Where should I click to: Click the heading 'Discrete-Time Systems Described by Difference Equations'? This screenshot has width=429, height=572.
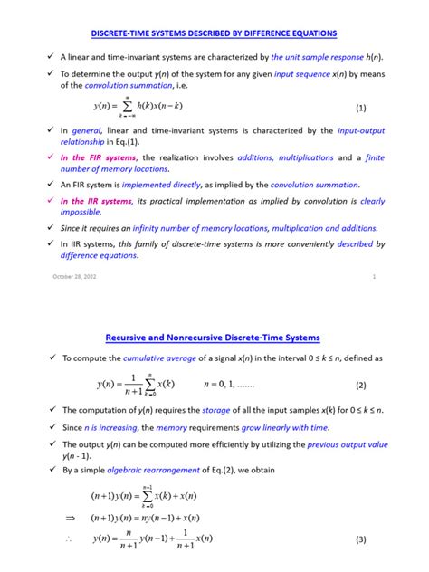click(x=214, y=33)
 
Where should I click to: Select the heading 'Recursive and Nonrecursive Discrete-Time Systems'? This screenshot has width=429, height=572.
click(x=214, y=338)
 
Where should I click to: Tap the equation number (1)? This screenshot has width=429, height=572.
click(x=361, y=107)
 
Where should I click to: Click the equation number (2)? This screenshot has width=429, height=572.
click(x=361, y=384)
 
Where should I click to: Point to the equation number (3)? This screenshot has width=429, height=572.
click(x=361, y=540)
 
